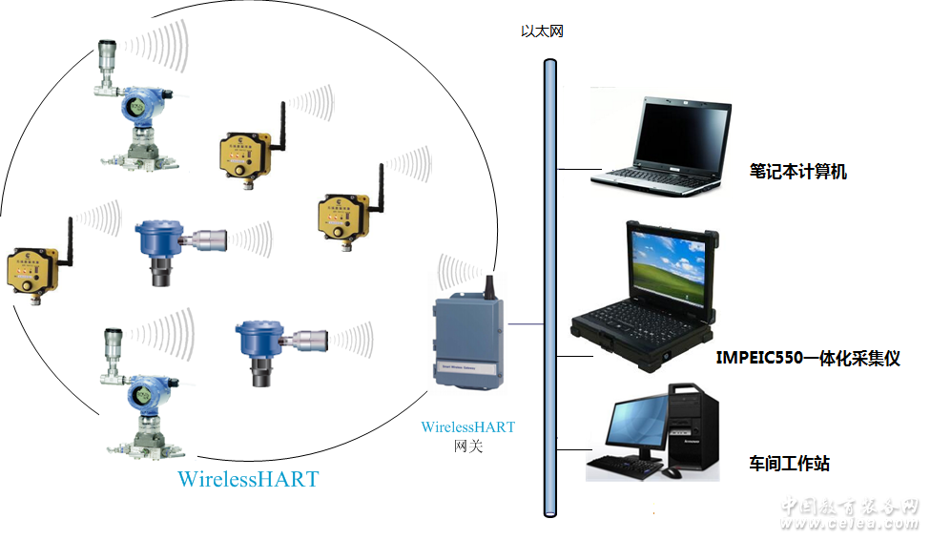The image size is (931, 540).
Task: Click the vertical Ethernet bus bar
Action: (549, 286)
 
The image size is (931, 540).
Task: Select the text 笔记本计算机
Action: (798, 172)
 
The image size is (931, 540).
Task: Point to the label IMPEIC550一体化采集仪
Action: (808, 359)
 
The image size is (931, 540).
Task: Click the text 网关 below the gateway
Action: (468, 446)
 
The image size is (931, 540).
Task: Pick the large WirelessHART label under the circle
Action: (248, 478)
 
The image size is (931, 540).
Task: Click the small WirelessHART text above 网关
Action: (468, 427)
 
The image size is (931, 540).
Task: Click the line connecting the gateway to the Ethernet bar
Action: (524, 325)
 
